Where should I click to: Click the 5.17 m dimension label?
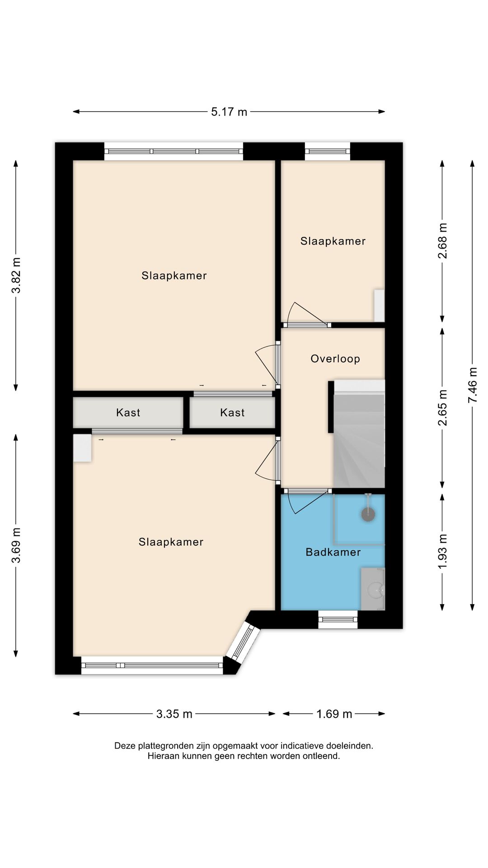tap(229, 112)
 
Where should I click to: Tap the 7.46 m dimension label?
tap(472, 385)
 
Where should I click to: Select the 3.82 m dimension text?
tap(16, 275)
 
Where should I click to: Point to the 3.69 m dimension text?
tap(16, 545)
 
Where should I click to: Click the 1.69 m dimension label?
tap(334, 714)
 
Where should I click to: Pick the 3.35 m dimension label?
tap(174, 714)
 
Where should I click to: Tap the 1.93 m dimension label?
tap(442, 552)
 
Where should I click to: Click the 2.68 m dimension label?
tap(442, 241)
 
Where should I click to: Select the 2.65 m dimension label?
tap(442, 408)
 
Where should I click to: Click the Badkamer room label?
tap(333, 552)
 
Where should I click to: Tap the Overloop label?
tap(335, 359)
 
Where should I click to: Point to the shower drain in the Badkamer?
tap(368, 514)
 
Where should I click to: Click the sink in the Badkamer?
tap(373, 589)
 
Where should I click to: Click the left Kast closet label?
tap(128, 412)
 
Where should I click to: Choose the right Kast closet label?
tap(232, 412)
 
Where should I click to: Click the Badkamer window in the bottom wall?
tap(338, 619)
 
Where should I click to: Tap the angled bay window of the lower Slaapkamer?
tap(243, 640)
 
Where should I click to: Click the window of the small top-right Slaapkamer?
tap(328, 151)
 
